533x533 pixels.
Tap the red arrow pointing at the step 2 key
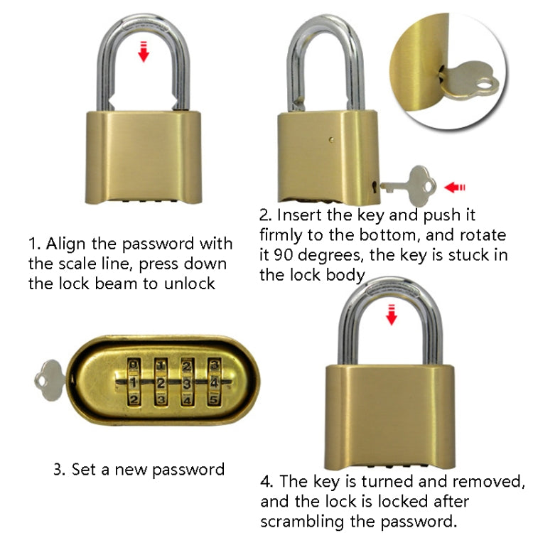click(x=454, y=188)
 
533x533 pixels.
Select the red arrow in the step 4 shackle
click(x=391, y=313)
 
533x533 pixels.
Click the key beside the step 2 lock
click(x=405, y=183)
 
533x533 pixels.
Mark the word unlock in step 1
click(x=195, y=284)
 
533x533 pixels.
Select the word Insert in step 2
click(x=300, y=215)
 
